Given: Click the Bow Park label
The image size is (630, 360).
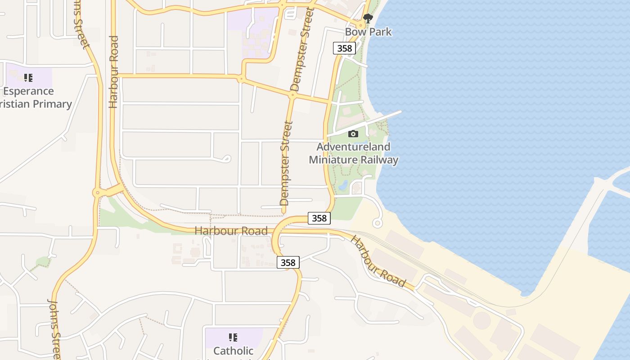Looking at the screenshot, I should [368, 32].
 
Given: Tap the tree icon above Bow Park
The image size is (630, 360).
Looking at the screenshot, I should [368, 18].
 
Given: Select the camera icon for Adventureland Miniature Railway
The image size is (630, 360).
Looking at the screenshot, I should [353, 134].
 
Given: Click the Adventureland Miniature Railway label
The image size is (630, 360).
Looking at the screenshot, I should [354, 153].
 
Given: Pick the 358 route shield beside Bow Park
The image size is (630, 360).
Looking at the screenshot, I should [344, 48].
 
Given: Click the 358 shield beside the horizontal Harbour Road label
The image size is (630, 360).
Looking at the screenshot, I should [319, 218].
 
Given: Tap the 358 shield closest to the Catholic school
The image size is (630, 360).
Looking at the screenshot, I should [288, 262].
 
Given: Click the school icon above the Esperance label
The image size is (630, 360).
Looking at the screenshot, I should [28, 78].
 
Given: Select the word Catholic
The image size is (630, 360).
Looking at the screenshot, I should [233, 351].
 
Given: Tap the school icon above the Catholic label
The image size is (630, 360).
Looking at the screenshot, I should [233, 337].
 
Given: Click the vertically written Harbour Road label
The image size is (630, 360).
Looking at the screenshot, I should [113, 72].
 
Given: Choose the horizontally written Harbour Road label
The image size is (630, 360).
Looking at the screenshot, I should [231, 231].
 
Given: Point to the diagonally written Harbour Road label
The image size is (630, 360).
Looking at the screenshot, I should [378, 261].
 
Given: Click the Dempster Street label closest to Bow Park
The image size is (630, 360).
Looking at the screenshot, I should [301, 49].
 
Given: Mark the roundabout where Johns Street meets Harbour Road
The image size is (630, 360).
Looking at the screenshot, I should [96, 193].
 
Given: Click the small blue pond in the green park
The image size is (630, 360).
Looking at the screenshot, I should [343, 184].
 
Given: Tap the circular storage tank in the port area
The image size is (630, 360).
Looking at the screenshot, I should [481, 320].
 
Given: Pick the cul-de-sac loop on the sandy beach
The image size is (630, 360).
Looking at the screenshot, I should [378, 223].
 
